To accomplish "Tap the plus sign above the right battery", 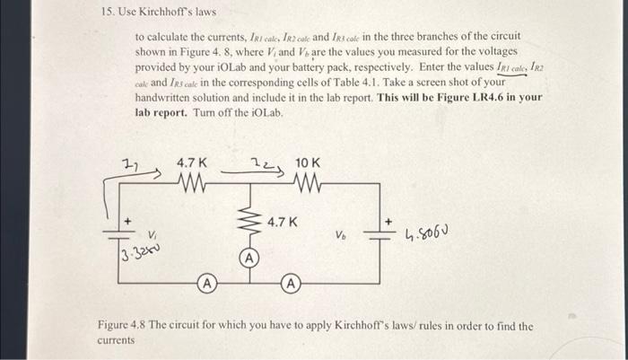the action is point(388,218).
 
